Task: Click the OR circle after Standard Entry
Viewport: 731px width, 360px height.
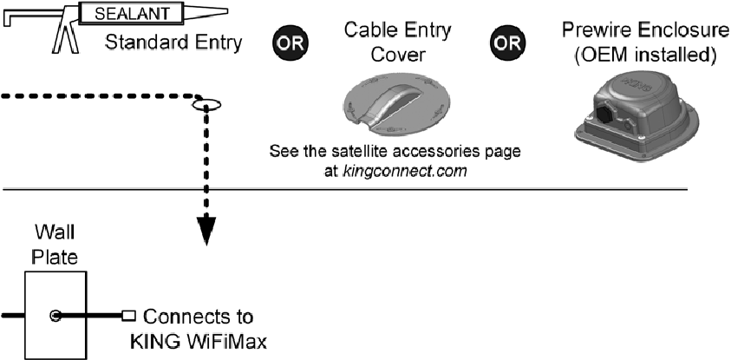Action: [288, 42]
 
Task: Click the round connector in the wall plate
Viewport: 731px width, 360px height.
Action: [55, 315]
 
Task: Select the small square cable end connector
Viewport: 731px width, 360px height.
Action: [129, 315]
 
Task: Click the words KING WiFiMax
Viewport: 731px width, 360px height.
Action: [205, 341]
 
